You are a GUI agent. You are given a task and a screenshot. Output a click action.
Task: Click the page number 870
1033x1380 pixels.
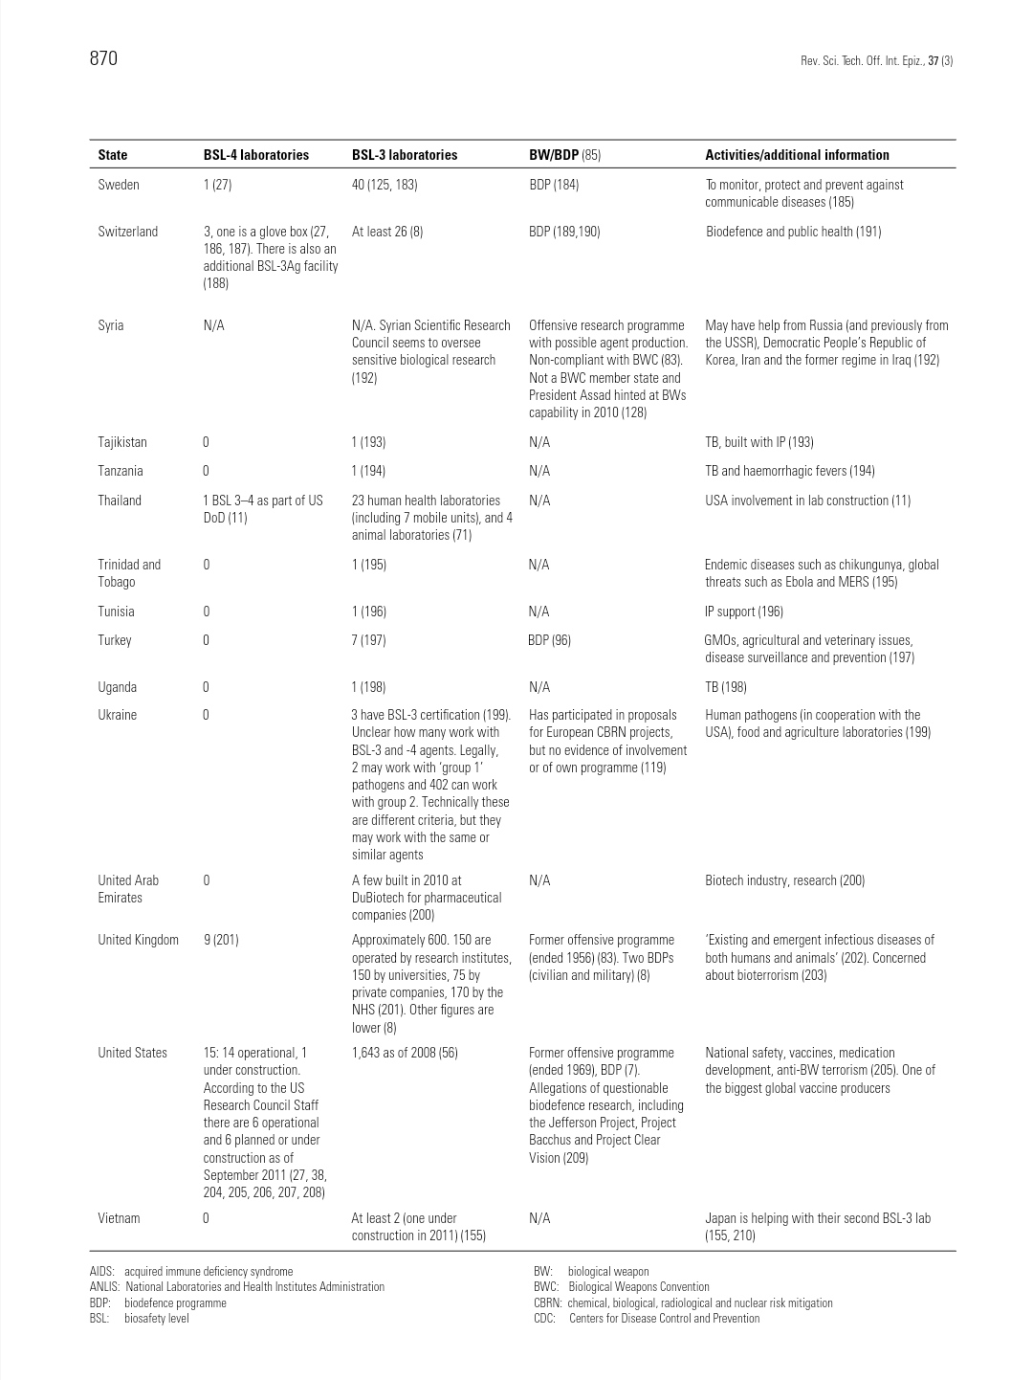(x=103, y=58)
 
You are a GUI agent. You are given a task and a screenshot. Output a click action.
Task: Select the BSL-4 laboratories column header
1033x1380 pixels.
(x=255, y=155)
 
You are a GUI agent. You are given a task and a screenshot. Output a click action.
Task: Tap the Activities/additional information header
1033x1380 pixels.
(x=797, y=155)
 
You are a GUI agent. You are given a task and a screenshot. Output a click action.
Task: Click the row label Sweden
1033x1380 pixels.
(x=119, y=185)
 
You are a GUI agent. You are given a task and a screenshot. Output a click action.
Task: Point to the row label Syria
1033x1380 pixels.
(x=111, y=325)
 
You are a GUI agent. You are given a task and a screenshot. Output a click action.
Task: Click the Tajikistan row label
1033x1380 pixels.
(x=122, y=442)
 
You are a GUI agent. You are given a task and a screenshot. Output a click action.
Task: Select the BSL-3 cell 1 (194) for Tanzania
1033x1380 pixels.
(x=368, y=471)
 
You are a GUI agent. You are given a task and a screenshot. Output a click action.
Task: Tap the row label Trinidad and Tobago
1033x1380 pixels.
(x=129, y=573)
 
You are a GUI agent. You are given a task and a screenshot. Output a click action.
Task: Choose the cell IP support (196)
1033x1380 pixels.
(x=744, y=612)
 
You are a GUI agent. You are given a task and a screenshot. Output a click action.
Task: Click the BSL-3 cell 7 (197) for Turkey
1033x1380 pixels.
(x=368, y=640)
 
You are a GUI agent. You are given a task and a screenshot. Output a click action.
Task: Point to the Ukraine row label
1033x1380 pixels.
(x=118, y=715)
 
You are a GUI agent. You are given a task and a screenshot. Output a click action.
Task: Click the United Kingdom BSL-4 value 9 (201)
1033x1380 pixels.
(x=221, y=940)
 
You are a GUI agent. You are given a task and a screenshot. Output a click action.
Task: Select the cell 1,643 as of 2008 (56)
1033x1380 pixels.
(x=405, y=1053)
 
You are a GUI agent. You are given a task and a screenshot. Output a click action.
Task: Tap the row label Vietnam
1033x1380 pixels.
(x=119, y=1218)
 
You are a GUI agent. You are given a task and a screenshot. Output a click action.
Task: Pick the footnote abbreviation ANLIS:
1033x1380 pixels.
(x=104, y=1287)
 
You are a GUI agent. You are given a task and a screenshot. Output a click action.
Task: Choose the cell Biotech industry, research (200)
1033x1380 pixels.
(x=784, y=880)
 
